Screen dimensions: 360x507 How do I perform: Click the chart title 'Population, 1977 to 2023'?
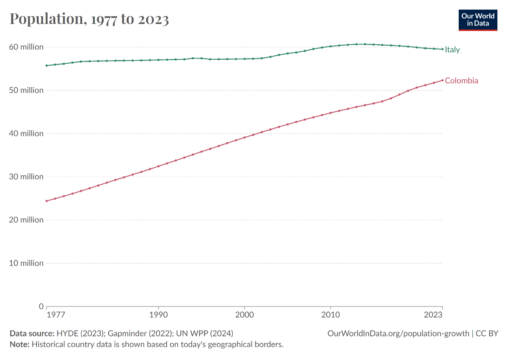click(89, 19)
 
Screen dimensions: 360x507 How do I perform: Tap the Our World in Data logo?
click(478, 20)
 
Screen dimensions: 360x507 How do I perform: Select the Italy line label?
click(452, 50)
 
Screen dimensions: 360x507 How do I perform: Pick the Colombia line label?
click(461, 81)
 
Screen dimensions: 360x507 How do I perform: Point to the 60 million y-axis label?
click(26, 47)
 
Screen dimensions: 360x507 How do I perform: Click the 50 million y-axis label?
click(26, 90)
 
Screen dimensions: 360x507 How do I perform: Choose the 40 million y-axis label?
click(26, 133)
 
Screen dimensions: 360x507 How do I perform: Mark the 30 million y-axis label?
click(26, 176)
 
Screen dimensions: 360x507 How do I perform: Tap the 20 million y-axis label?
click(26, 220)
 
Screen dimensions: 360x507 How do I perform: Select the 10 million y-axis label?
click(26, 263)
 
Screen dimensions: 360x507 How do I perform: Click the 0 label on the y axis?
click(41, 306)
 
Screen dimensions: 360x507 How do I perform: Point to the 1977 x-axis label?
click(56, 315)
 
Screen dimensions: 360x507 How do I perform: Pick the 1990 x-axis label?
click(159, 315)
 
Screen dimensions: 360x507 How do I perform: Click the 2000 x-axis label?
click(244, 315)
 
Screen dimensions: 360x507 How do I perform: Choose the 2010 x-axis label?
click(330, 315)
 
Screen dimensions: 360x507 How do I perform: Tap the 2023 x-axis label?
click(433, 315)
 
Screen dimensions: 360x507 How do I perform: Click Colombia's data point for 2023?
click(442, 80)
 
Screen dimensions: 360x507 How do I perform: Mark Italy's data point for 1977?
click(46, 66)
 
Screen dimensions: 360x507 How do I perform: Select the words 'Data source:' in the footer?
click(32, 333)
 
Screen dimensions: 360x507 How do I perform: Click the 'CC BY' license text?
click(487, 333)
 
